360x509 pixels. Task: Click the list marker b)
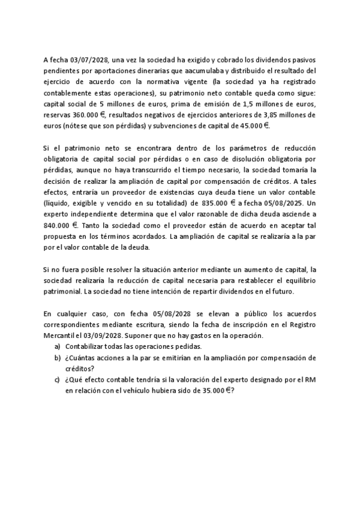coord(58,358)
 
